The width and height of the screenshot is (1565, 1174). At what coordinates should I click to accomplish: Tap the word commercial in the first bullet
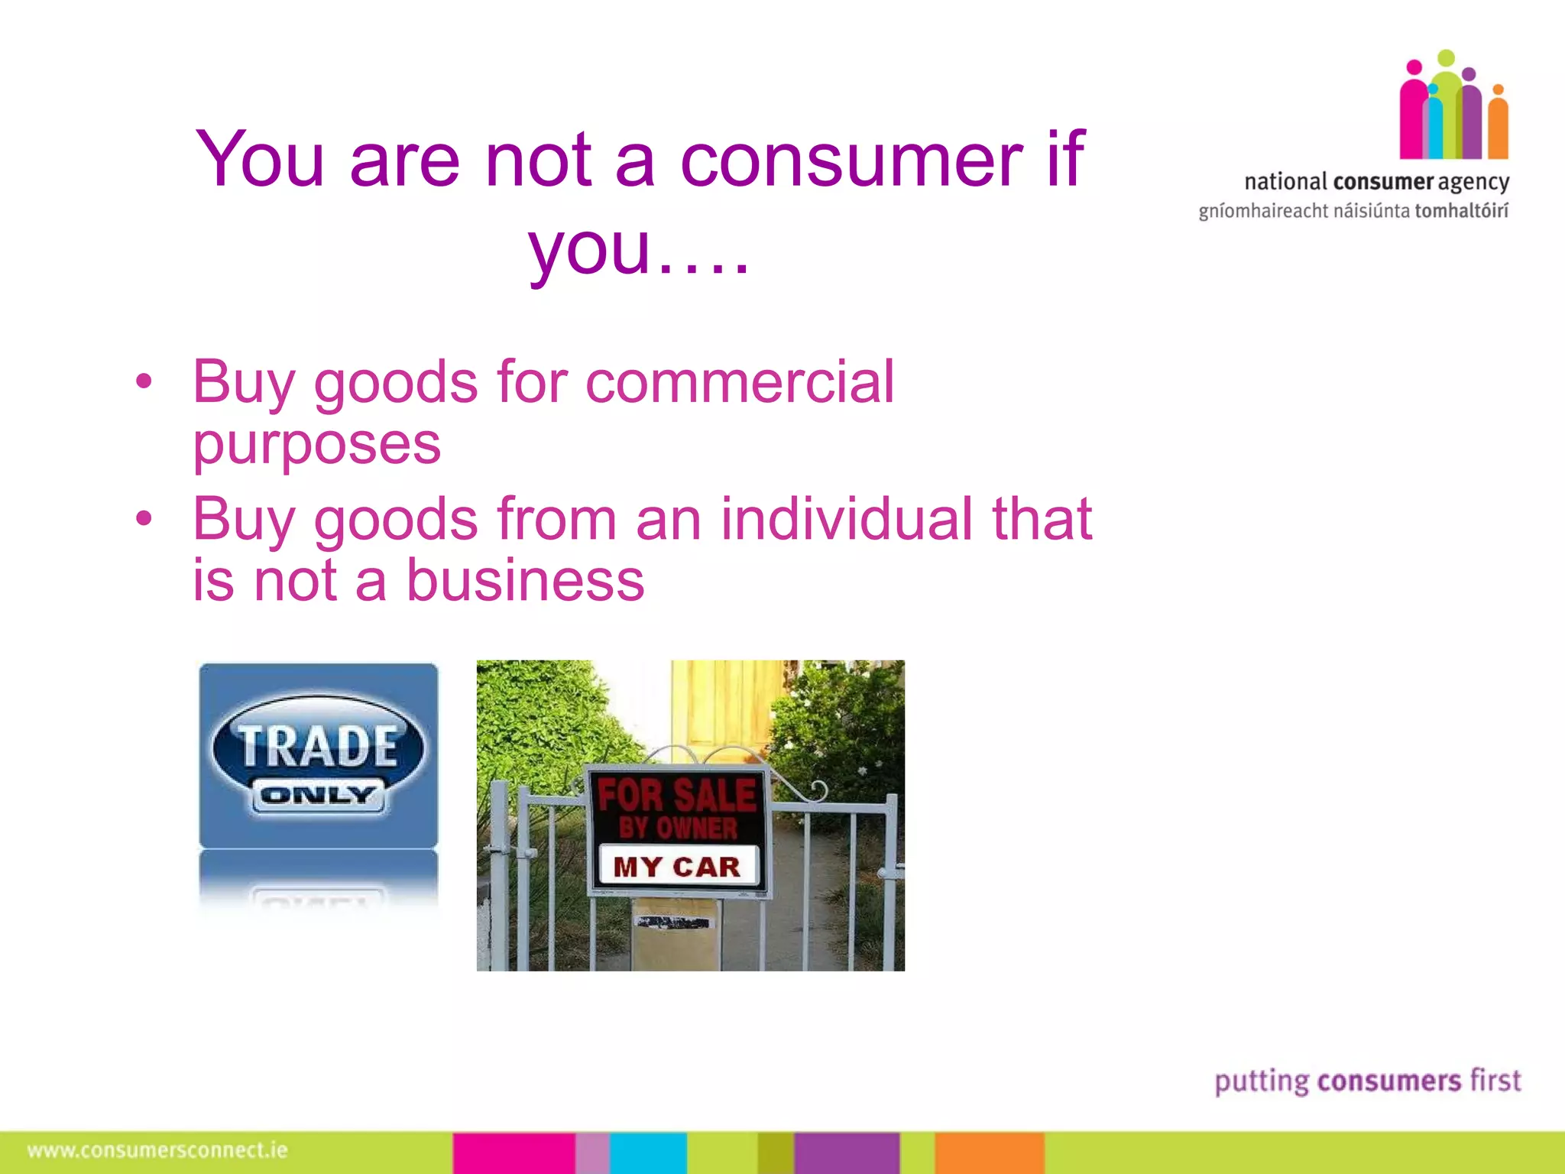pyautogui.click(x=739, y=382)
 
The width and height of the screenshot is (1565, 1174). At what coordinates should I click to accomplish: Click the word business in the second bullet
pyautogui.click(x=525, y=580)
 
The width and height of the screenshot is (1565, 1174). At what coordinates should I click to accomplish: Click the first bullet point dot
pyautogui.click(x=144, y=381)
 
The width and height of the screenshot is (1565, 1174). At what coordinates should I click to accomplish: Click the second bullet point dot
pyautogui.click(x=144, y=519)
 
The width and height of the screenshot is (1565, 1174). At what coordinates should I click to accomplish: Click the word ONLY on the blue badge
pyautogui.click(x=318, y=796)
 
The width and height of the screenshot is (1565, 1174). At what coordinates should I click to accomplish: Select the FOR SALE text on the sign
pyautogui.click(x=676, y=795)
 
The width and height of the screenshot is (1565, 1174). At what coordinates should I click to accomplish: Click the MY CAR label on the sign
pyautogui.click(x=677, y=867)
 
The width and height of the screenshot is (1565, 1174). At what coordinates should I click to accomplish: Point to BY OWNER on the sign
pyautogui.click(x=678, y=829)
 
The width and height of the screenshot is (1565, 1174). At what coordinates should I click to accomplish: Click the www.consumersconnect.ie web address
pyautogui.click(x=157, y=1150)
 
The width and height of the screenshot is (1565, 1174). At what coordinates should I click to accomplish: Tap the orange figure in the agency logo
pyautogui.click(x=1498, y=126)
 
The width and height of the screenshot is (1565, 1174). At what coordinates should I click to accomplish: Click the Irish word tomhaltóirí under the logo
pyautogui.click(x=1461, y=211)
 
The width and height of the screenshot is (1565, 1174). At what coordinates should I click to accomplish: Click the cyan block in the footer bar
pyautogui.click(x=648, y=1153)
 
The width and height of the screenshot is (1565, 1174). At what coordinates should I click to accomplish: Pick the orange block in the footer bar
pyautogui.click(x=989, y=1153)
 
